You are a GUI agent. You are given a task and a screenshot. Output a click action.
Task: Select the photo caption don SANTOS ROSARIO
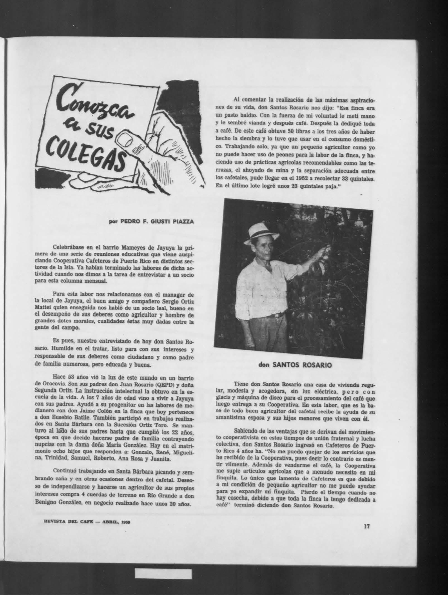coord(296,365)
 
